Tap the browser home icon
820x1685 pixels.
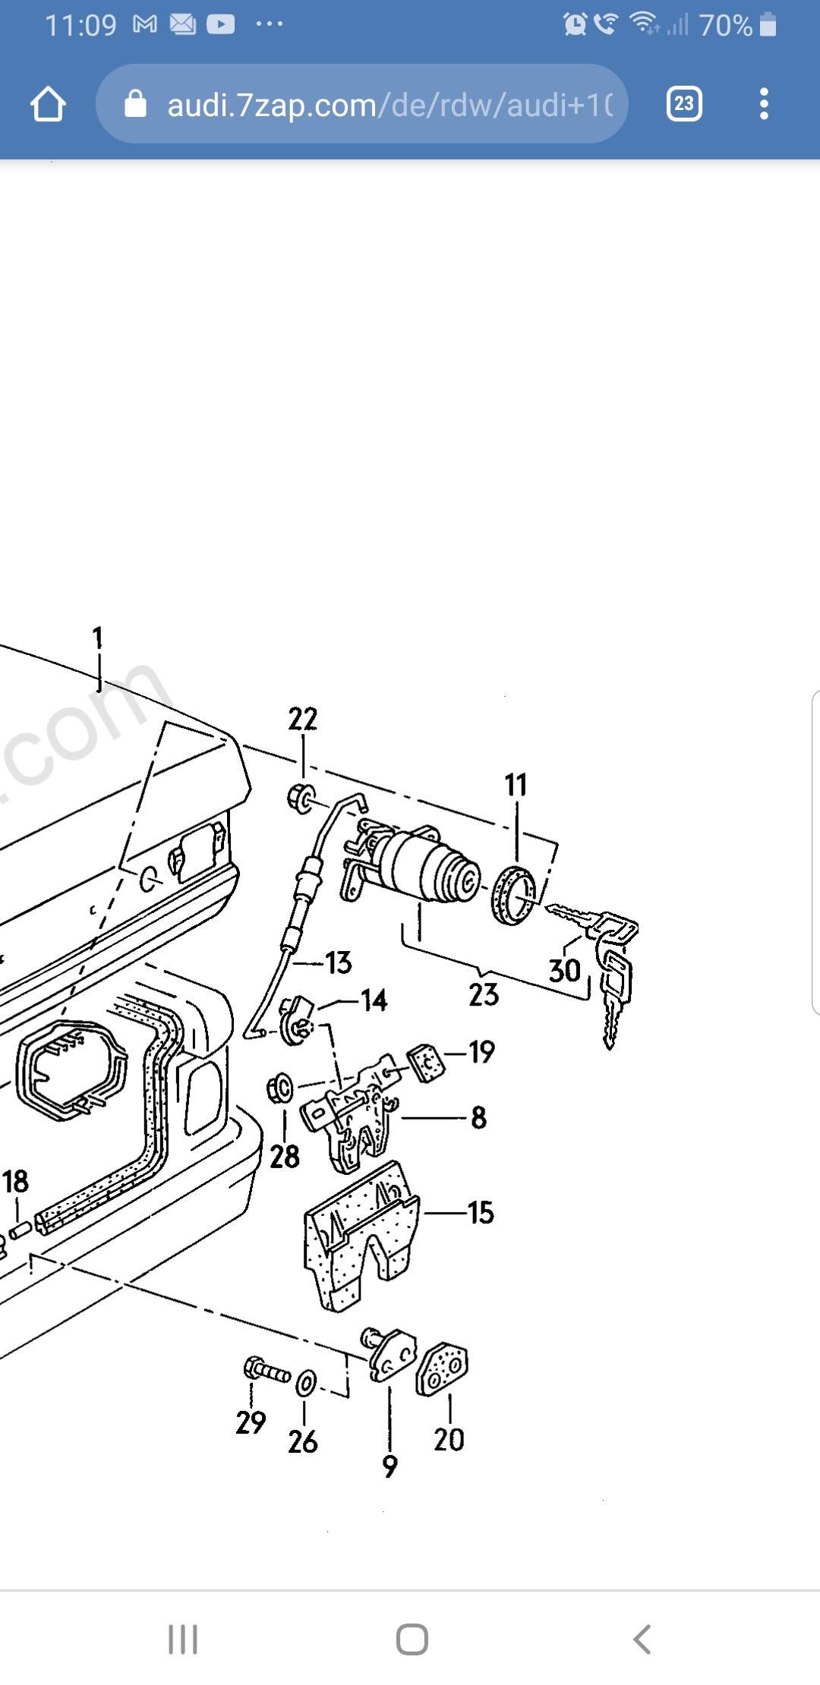(x=48, y=104)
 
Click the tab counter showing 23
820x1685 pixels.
(x=683, y=104)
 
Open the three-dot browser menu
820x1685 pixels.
(x=764, y=104)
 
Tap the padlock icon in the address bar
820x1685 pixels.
(x=135, y=104)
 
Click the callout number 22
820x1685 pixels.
(x=302, y=719)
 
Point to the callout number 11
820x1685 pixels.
(x=516, y=785)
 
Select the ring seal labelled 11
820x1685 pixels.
(x=514, y=895)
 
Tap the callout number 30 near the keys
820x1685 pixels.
(x=564, y=971)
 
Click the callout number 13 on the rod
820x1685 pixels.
(x=339, y=963)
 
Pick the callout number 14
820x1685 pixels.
(x=374, y=1000)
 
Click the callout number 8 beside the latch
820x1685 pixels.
(x=478, y=1117)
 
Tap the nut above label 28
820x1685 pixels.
(x=280, y=1089)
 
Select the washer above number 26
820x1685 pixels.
(x=306, y=1382)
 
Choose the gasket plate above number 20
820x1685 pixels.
(x=442, y=1369)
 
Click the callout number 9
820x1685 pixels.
(x=389, y=1466)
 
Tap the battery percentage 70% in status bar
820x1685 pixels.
(x=725, y=26)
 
